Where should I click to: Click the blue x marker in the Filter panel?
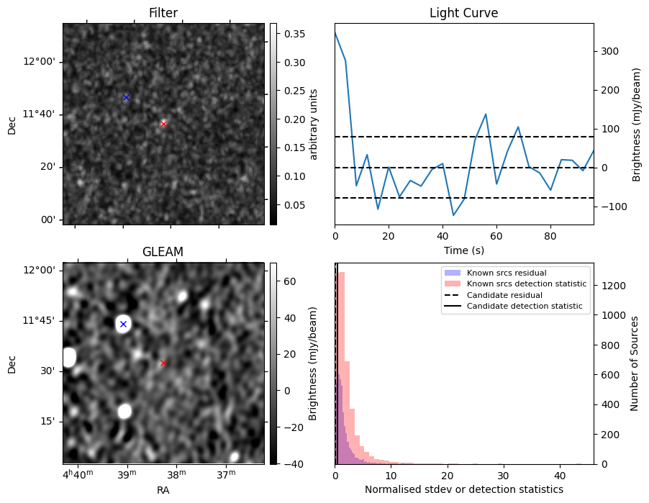click(126, 97)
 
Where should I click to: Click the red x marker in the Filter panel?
click(163, 124)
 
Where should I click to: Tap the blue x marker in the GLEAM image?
click(123, 324)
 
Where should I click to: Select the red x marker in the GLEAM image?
click(163, 363)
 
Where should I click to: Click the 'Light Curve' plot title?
click(463, 13)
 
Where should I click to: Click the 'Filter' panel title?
click(163, 13)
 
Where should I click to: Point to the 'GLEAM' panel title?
click(163, 252)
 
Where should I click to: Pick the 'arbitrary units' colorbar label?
click(314, 124)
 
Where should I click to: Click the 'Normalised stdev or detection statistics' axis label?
click(463, 489)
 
